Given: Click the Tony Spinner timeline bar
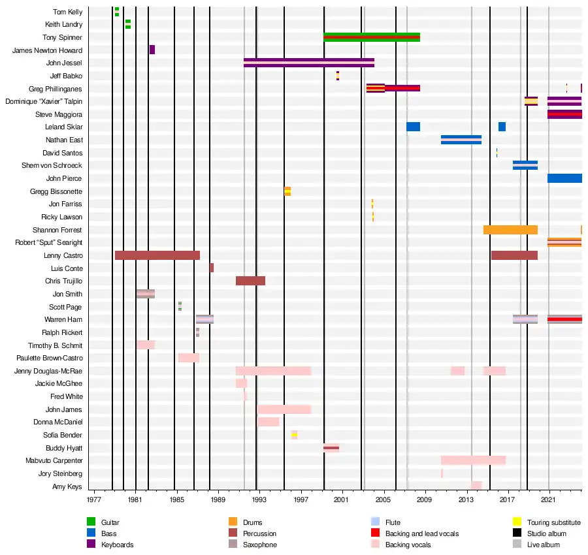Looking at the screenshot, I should click(x=371, y=37).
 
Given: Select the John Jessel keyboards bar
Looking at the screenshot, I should click(x=308, y=63).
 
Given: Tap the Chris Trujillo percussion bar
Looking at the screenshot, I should click(x=250, y=281).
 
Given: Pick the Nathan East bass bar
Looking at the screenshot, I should click(x=461, y=140).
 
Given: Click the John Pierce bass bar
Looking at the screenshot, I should click(x=564, y=178).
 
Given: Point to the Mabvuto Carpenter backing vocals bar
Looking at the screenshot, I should click(x=473, y=460).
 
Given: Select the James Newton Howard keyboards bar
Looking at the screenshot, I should click(x=152, y=50).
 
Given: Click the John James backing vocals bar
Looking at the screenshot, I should click(x=284, y=409).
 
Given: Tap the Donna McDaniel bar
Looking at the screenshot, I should click(x=269, y=422).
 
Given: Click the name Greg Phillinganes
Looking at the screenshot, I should click(x=56, y=89).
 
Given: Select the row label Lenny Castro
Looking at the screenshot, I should click(x=63, y=255).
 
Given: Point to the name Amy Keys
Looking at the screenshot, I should click(x=67, y=486).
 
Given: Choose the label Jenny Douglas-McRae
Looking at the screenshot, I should click(x=48, y=371).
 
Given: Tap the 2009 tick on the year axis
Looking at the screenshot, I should click(x=425, y=499).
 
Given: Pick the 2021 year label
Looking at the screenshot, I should click(x=549, y=499).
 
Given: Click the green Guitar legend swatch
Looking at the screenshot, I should click(x=91, y=522).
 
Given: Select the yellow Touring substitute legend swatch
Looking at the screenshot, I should click(x=516, y=522).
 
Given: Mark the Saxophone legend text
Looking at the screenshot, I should click(x=259, y=545).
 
